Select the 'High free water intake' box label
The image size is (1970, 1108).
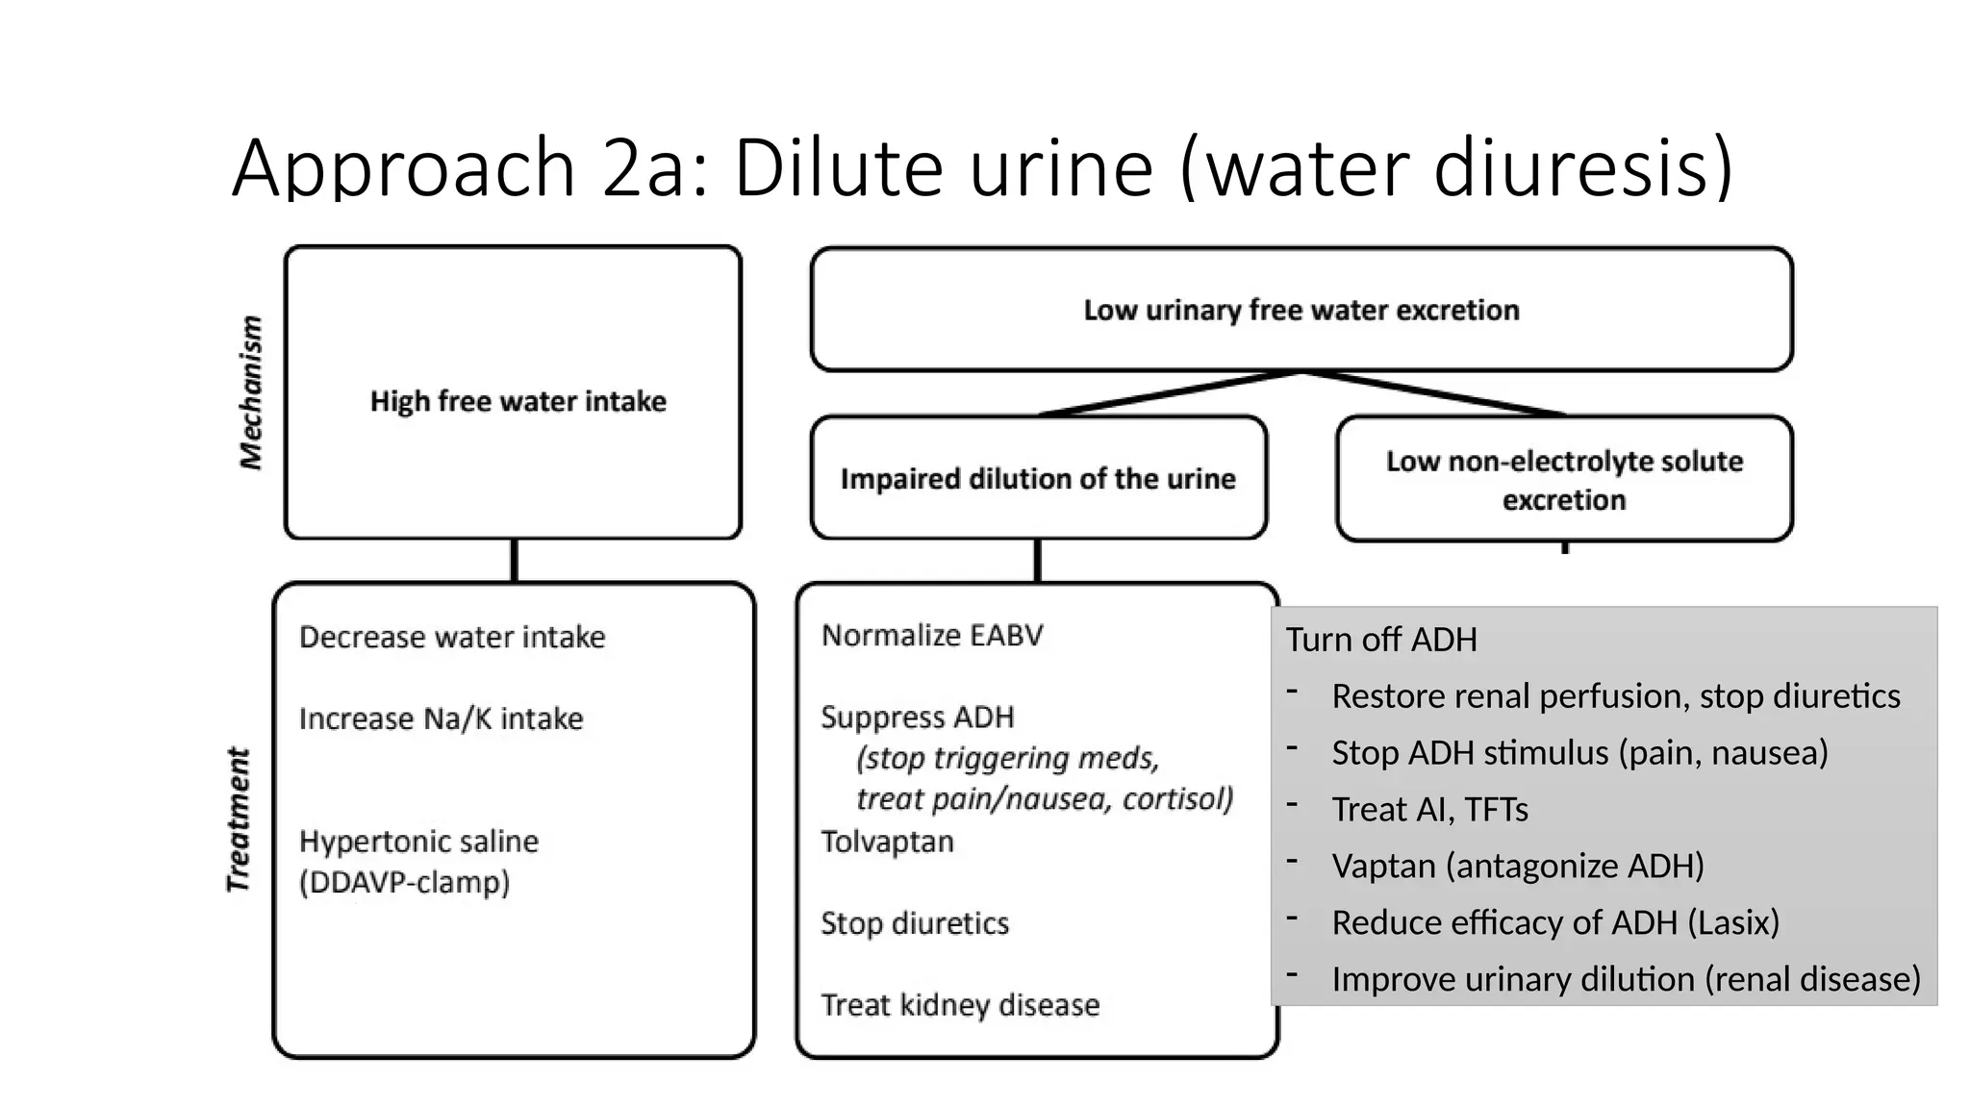coord(518,401)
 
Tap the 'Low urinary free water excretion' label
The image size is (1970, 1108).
coord(1301,310)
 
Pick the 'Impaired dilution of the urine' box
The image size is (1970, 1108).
coord(1037,479)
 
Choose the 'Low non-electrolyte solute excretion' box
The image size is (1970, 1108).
coord(1564,480)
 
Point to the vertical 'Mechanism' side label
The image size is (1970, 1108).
coord(251,392)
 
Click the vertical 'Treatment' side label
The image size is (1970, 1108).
coord(239,819)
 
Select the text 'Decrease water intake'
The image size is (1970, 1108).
coord(452,637)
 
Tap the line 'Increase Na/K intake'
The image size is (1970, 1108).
coord(441,718)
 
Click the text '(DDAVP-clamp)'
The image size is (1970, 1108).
coord(404,882)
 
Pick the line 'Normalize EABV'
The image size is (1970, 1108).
coord(931,635)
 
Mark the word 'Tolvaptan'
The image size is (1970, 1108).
coord(887,842)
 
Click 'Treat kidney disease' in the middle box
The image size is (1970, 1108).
coord(959,1005)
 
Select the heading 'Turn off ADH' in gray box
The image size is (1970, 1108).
coord(1380,640)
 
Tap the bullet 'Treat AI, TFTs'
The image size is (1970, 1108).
coord(1429,810)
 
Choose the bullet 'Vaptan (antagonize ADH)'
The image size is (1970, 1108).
coord(1517,866)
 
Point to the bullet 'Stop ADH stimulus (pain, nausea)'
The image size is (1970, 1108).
coord(1579,752)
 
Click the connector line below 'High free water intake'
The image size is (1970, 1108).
coord(515,561)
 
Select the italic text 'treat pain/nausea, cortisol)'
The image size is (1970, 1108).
coord(1044,799)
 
